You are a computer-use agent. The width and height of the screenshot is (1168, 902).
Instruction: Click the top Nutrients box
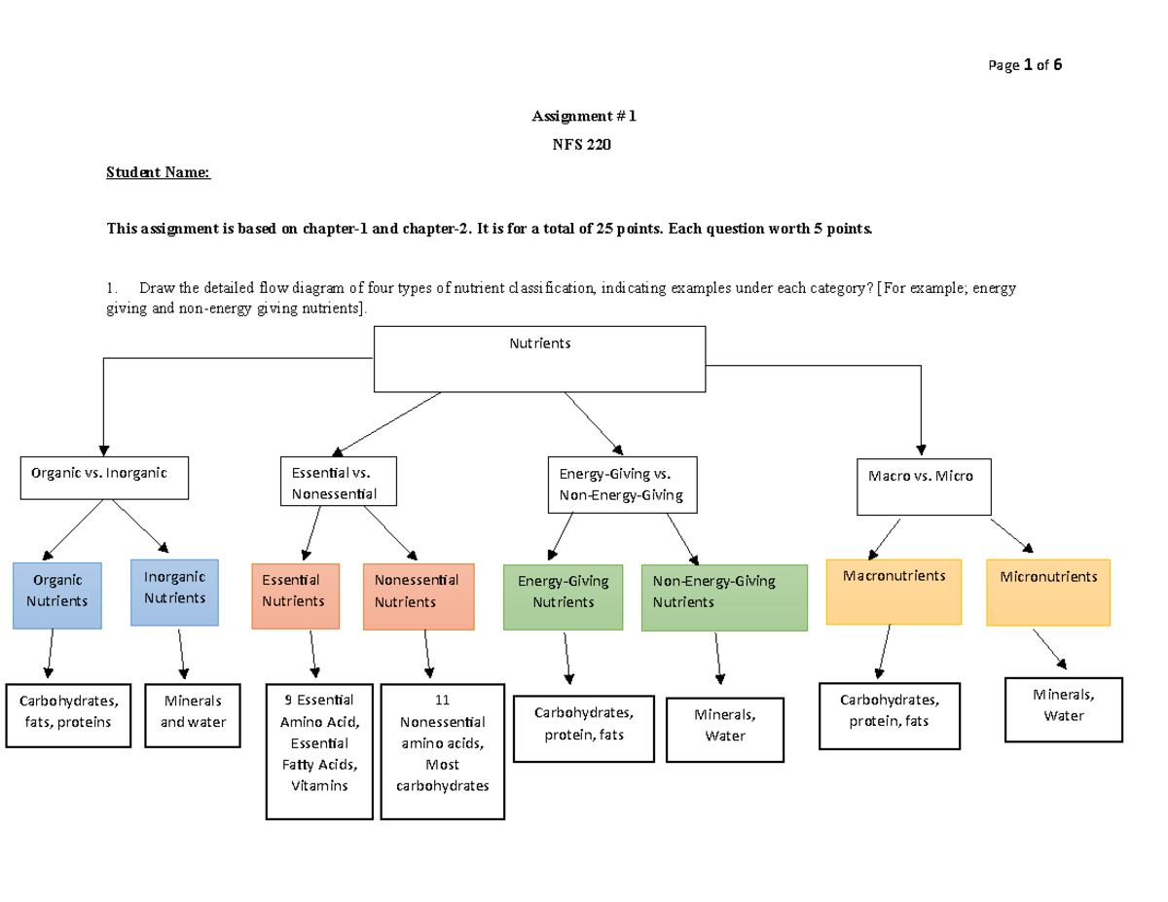click(540, 358)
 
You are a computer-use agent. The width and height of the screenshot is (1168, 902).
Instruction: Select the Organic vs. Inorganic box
click(104, 478)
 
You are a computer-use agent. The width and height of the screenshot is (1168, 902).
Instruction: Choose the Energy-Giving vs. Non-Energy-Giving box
click(622, 485)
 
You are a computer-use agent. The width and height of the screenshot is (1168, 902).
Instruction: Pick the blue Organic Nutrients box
click(56, 594)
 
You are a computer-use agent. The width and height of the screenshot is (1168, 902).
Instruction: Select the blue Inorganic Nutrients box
click(175, 592)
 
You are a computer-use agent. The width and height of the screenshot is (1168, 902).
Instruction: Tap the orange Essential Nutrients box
click(295, 595)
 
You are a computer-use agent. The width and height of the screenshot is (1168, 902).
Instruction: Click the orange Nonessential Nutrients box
click(418, 595)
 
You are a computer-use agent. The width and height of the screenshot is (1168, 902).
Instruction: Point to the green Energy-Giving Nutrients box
click(563, 596)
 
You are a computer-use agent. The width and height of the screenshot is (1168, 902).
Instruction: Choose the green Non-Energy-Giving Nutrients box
click(725, 596)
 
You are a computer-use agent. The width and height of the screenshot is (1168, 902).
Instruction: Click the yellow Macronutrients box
click(894, 592)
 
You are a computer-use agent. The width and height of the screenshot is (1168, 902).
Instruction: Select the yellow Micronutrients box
click(1048, 592)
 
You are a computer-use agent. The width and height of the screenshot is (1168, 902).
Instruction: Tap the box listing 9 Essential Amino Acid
click(318, 751)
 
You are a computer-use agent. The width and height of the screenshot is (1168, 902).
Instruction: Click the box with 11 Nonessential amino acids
click(443, 751)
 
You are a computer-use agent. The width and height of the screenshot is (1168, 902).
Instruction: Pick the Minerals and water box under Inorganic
click(193, 715)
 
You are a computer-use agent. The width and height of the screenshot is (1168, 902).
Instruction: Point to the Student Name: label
click(158, 173)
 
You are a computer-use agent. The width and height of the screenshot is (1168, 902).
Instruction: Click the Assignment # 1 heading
click(582, 117)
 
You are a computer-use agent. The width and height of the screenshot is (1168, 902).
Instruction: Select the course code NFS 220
click(582, 145)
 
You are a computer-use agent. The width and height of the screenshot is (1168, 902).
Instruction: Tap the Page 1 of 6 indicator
click(1025, 66)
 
